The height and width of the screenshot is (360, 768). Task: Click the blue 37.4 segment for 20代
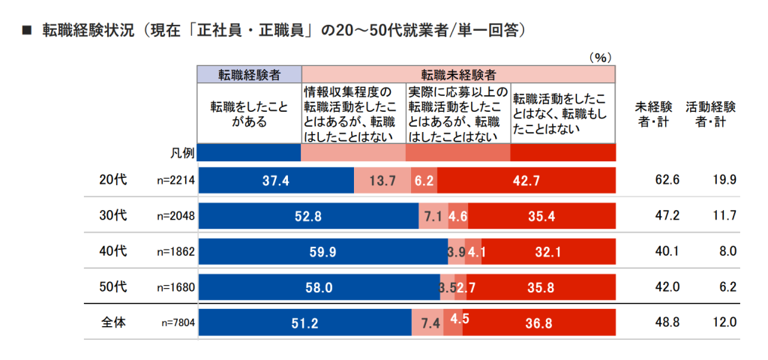[x=275, y=180]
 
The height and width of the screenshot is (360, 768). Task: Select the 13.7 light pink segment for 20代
[x=382, y=180]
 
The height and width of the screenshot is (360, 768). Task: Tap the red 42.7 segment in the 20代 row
[x=526, y=180]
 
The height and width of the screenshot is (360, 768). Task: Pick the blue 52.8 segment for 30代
[x=308, y=216]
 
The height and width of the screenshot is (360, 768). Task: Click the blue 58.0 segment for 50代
[x=319, y=287]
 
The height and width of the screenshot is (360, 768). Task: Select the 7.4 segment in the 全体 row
[x=430, y=322]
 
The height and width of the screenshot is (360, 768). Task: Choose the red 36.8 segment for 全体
[x=541, y=322]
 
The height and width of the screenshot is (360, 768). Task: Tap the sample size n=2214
[x=176, y=181]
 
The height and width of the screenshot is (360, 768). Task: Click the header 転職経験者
[x=249, y=74]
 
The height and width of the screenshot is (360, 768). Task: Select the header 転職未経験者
[x=457, y=74]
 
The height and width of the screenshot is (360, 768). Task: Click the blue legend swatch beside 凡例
[x=249, y=151]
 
